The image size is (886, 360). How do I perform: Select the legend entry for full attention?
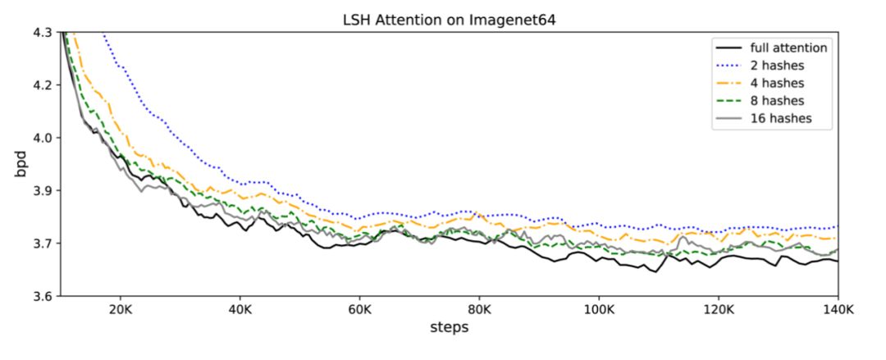(788, 48)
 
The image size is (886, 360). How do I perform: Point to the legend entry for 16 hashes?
(781, 118)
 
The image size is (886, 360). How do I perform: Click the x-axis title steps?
(449, 328)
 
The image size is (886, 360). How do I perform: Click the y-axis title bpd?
(19, 163)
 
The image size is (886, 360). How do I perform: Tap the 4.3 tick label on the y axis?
(42, 33)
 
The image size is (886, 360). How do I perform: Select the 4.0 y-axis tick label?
(42, 138)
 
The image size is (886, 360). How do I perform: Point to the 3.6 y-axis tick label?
(42, 296)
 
